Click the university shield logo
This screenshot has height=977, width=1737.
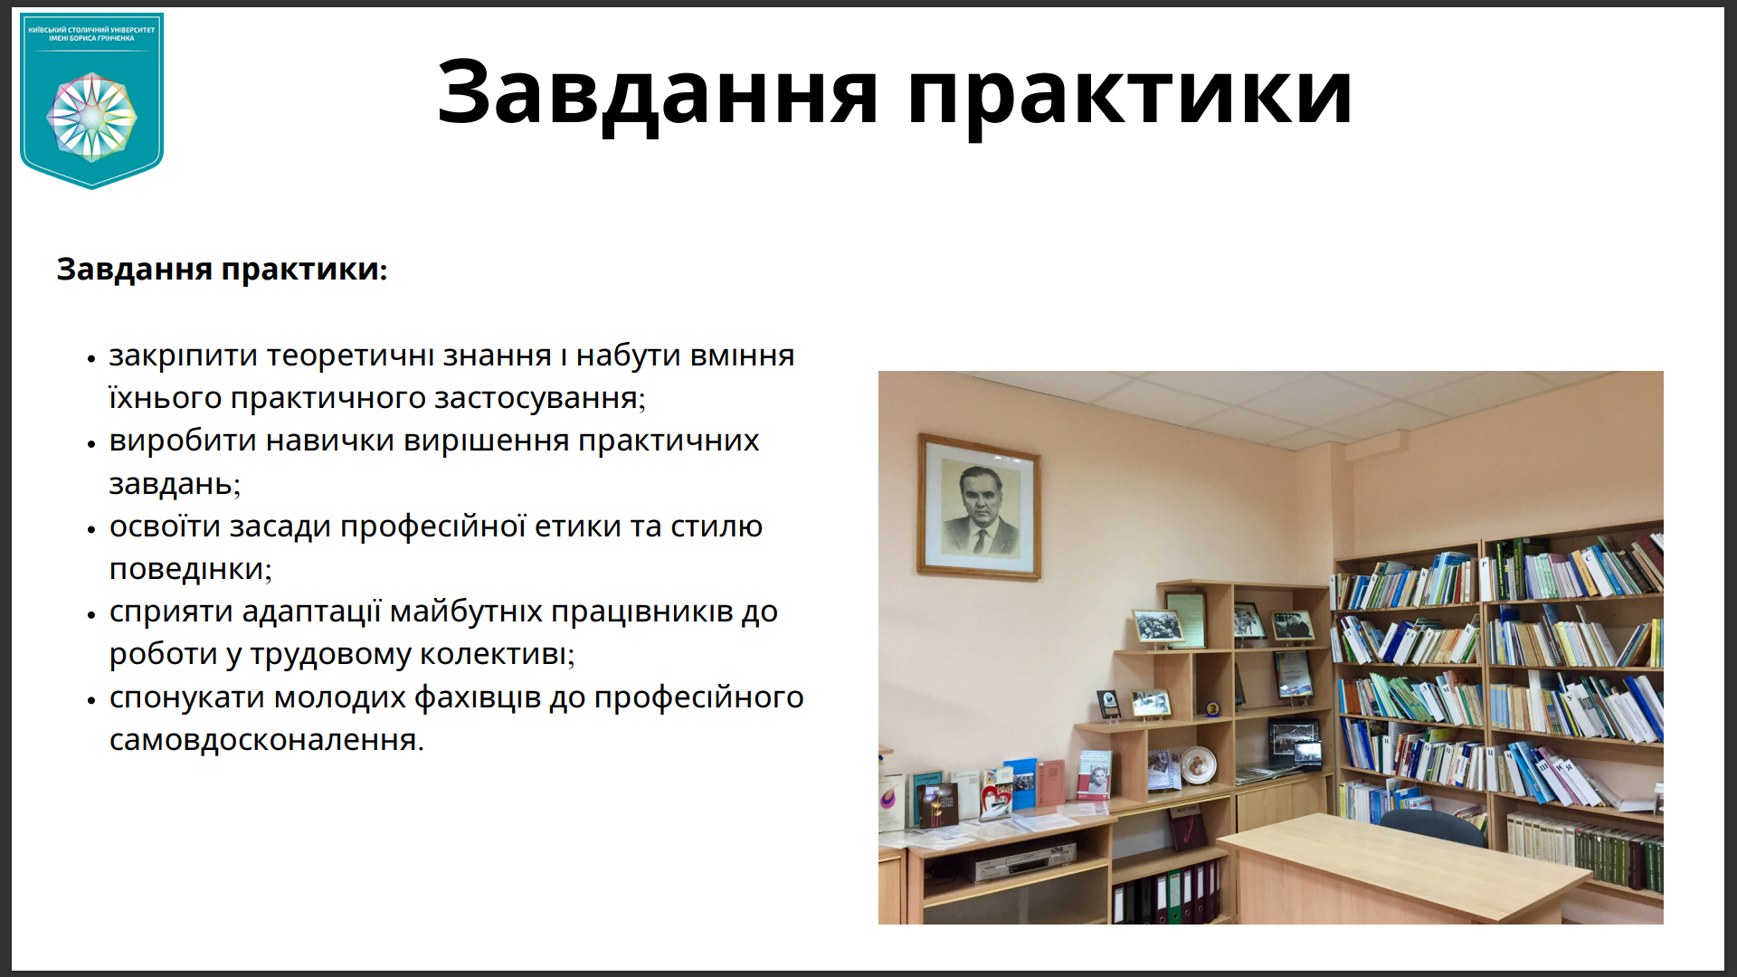(91, 100)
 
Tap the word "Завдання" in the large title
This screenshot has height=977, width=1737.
(658, 94)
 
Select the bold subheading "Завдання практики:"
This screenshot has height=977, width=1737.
(222, 270)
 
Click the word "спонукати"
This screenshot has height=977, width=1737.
(187, 697)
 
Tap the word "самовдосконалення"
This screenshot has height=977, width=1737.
(267, 740)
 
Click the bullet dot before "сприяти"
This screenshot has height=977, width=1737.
(91, 615)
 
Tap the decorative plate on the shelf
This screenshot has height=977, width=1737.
(1197, 765)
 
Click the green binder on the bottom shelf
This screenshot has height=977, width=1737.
(1174, 896)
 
